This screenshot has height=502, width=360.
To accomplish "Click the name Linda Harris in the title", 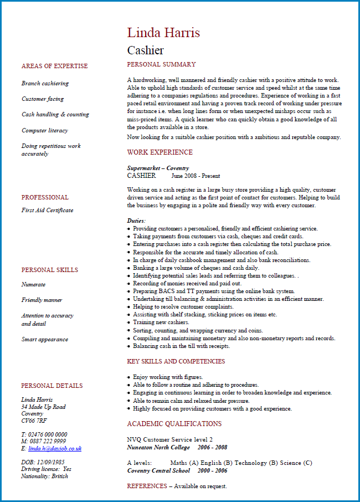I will click(163, 33).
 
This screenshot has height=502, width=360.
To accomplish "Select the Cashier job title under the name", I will click(145, 50).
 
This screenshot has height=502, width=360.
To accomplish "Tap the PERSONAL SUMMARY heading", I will click(161, 65).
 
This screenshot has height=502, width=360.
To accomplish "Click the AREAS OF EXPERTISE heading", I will click(54, 66).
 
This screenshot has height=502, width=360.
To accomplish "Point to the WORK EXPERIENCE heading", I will click(160, 152).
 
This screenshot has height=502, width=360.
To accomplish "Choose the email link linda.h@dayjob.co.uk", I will click(55, 448).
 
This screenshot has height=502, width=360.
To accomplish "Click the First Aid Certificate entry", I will click(47, 210).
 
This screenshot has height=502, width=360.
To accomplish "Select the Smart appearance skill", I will click(45, 339).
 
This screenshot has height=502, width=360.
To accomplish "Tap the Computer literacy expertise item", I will click(45, 130).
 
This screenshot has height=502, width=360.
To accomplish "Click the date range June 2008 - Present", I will click(196, 176).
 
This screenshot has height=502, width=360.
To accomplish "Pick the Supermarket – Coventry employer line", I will click(158, 168).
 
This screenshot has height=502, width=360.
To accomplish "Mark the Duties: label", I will click(136, 221).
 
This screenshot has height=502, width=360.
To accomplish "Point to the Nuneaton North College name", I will click(158, 447).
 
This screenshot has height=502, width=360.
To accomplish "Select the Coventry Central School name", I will click(158, 470).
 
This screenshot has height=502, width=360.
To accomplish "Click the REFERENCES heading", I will click(147, 486).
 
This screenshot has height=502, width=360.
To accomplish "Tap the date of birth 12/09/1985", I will click(50, 462).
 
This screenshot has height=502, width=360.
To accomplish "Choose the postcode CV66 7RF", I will click(34, 421).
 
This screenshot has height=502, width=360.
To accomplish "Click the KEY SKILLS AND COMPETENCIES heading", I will click(176, 361).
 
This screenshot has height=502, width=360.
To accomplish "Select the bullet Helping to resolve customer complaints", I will click(183, 306).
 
